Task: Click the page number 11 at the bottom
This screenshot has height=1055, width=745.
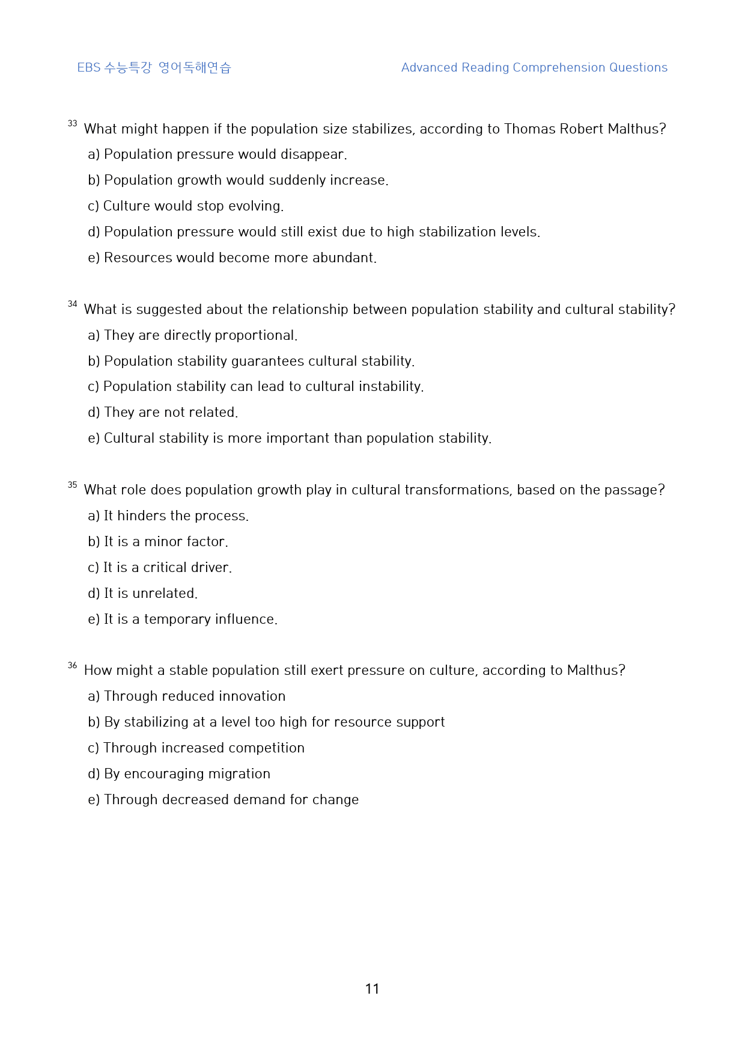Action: (372, 989)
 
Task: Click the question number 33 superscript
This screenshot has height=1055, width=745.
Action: (72, 123)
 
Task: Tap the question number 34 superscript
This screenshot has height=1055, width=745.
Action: (72, 304)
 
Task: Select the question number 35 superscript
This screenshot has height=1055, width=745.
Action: (72, 485)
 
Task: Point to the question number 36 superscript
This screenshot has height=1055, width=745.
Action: (72, 665)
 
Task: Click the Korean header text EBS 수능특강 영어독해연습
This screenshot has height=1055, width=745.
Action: (154, 67)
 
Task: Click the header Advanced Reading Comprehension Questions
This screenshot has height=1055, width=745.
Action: (534, 67)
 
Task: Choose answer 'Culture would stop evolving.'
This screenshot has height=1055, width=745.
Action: (186, 206)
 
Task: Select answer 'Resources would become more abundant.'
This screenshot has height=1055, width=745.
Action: (233, 258)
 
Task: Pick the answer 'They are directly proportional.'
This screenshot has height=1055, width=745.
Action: (193, 336)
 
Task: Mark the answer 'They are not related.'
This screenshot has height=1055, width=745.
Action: (163, 413)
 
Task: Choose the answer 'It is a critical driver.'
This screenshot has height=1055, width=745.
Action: (160, 568)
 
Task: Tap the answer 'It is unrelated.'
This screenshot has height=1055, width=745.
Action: (143, 594)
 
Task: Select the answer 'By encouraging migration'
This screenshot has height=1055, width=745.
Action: (179, 774)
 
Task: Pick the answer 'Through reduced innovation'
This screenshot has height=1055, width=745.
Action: (187, 697)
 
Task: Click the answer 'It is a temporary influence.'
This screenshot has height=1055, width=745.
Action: (183, 620)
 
